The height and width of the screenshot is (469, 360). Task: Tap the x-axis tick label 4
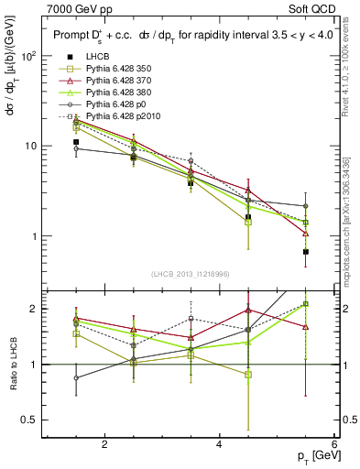(219, 445)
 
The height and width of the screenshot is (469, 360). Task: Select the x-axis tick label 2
(104, 445)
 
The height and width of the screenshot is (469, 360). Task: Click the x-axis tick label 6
(333, 445)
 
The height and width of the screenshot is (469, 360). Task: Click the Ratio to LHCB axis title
(14, 364)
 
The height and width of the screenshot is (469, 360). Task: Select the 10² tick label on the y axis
(29, 56)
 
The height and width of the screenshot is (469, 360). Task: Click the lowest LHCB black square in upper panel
(306, 252)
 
